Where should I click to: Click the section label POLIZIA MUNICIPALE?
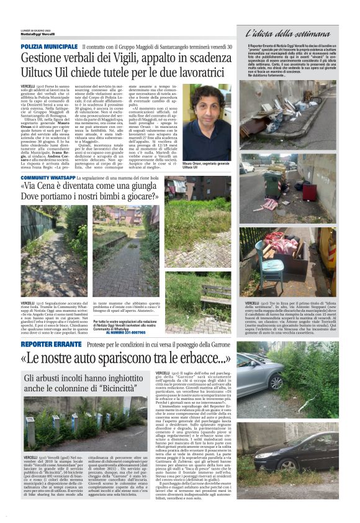(49, 47)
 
